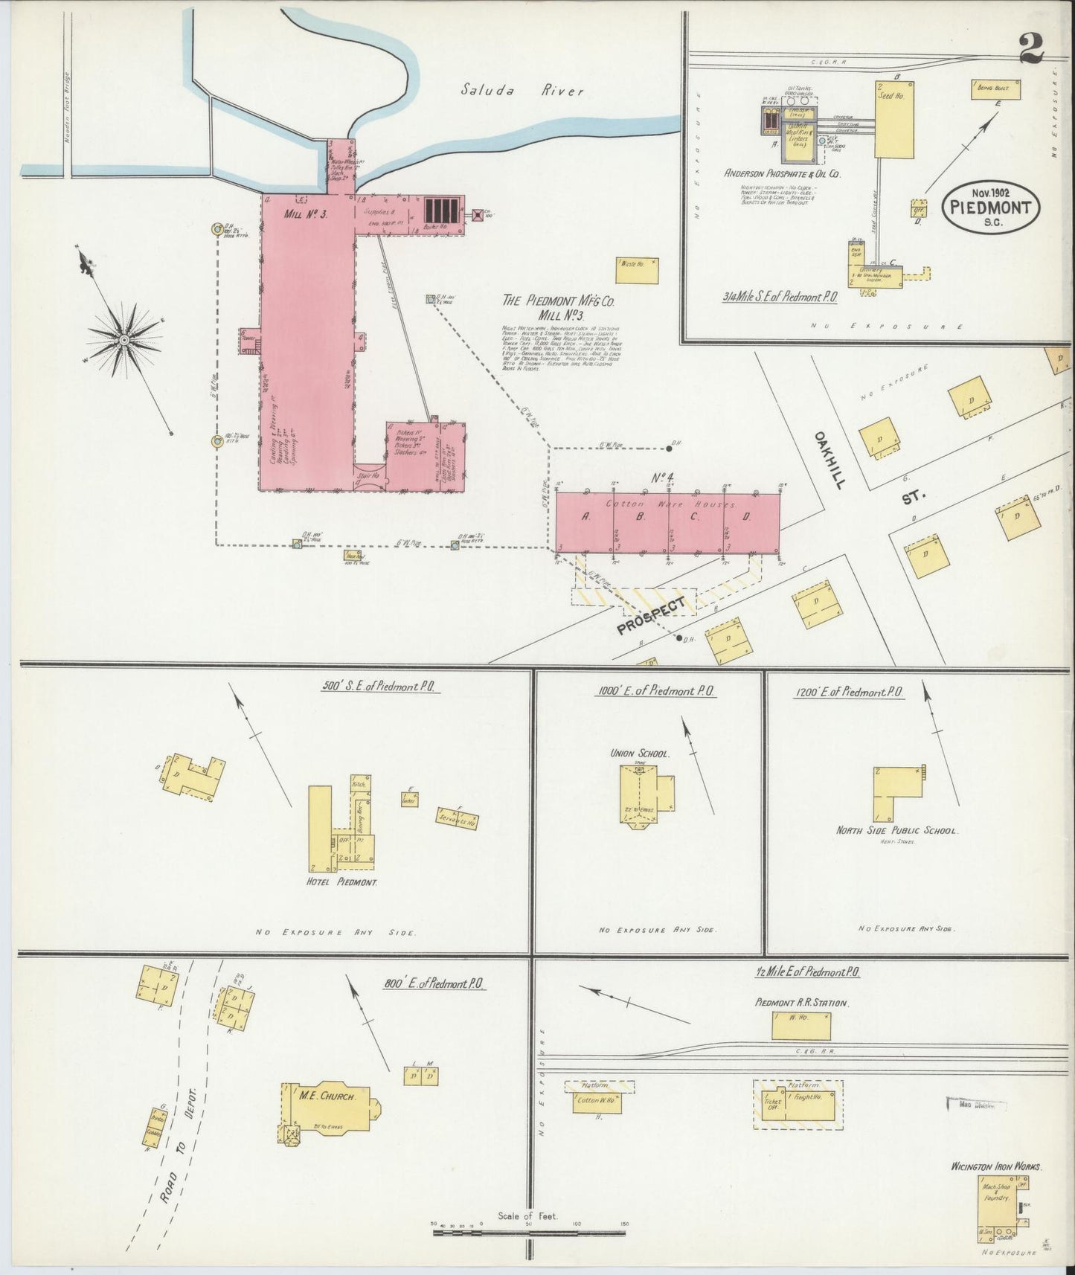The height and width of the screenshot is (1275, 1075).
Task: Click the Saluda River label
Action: coord(522,91)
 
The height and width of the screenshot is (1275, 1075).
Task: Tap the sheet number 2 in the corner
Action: coord(1031,49)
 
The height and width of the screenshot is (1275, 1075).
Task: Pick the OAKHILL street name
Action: coord(831,459)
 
